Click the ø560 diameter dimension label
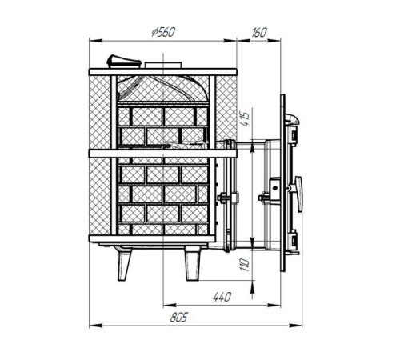163,32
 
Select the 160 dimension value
258,33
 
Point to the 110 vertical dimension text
245,265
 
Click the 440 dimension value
222,297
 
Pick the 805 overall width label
179,318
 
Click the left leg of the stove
123,263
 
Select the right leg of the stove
192,263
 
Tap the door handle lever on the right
298,194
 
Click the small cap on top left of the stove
123,62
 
